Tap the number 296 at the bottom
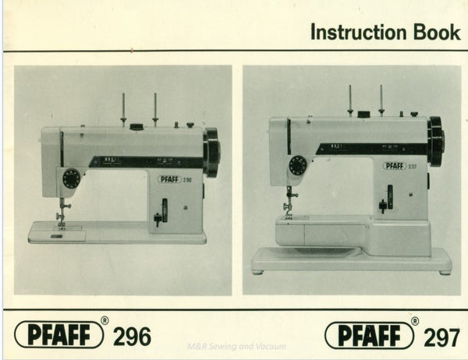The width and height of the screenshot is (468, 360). pos(132,337)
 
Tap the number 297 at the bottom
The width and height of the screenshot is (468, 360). pos(441,337)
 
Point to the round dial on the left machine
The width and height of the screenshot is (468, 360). pos(72,178)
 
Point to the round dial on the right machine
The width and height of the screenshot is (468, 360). pos(297,165)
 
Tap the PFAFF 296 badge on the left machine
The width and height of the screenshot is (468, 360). pos(175,179)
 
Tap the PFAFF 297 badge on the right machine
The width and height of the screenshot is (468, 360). pos(399,165)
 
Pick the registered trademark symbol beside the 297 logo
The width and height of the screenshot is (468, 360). pos(415,321)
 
